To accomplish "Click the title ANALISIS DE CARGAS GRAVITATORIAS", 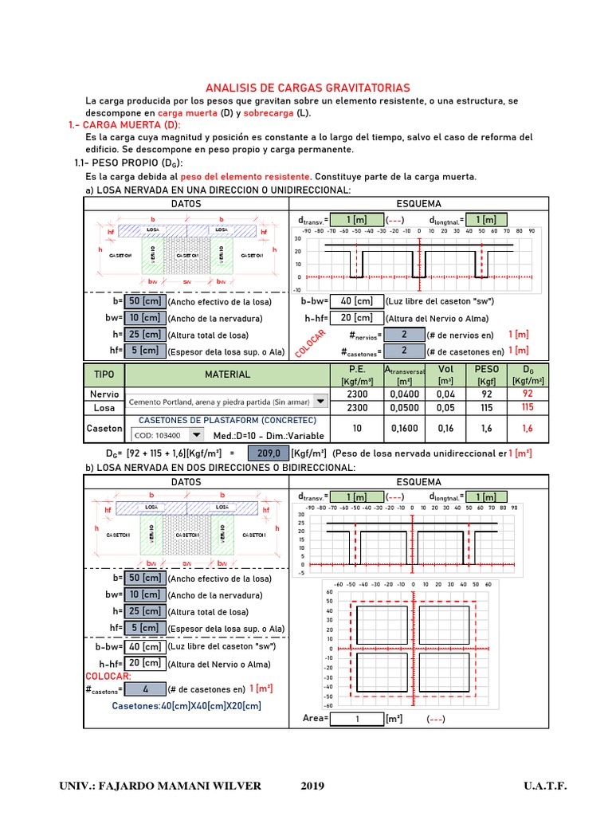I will click(308, 88).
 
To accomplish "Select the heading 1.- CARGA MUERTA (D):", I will click(125, 125).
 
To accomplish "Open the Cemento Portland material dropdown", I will click(227, 401).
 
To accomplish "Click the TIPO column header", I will click(104, 374).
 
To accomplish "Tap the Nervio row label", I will click(104, 394).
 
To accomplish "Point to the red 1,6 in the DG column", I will click(527, 428).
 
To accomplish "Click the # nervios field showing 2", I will click(404, 335).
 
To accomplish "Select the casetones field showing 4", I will click(145, 688).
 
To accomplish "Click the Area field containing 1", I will click(358, 718).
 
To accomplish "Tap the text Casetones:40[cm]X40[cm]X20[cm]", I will click(186, 706).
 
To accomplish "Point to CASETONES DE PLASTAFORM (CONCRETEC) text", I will click(228, 420).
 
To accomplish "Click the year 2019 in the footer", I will click(312, 786).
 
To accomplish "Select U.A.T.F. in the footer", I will click(545, 786).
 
